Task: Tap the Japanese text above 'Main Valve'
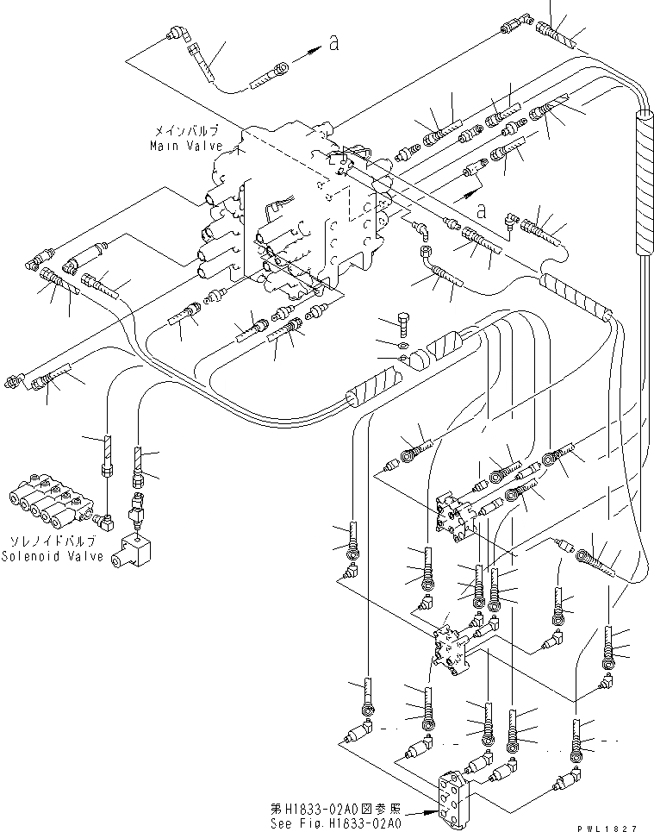185,131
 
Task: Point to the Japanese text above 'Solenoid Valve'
55,541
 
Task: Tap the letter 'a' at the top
333,45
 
